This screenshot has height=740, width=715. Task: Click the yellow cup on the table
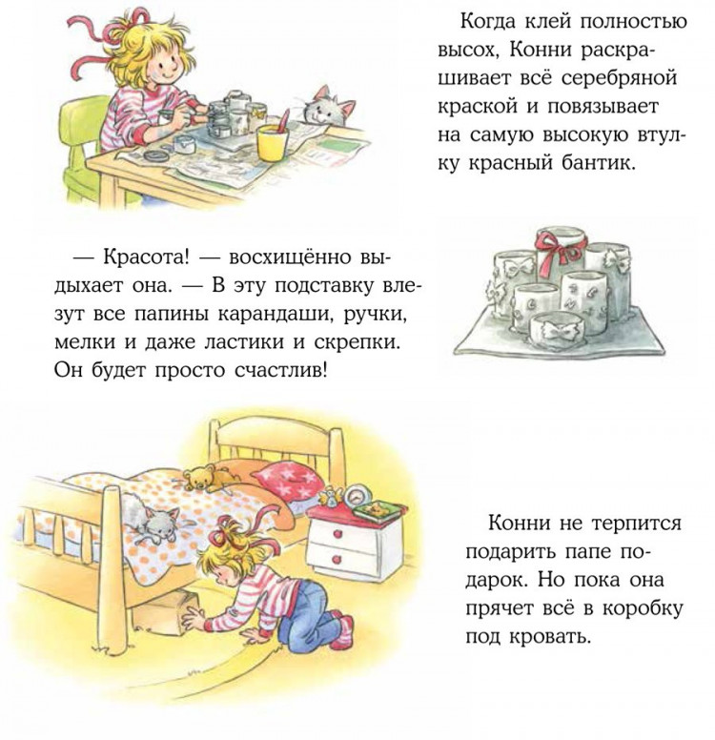point(272,141)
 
